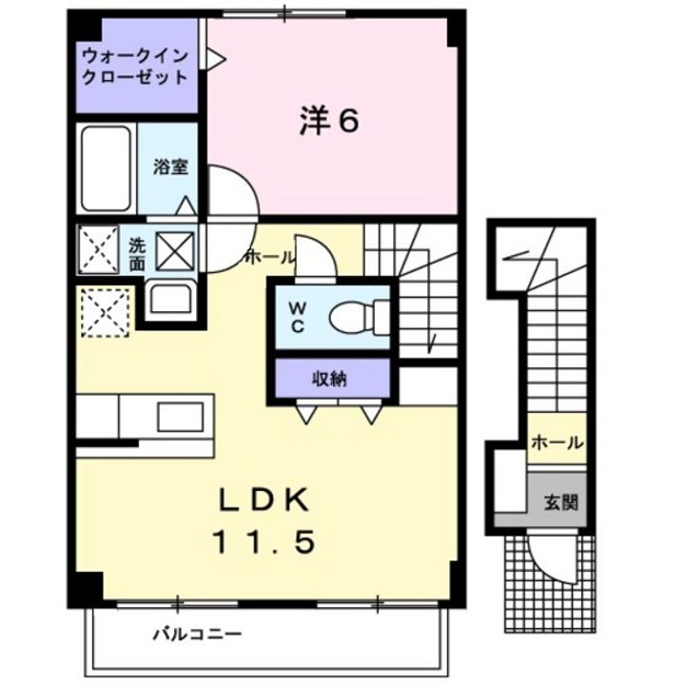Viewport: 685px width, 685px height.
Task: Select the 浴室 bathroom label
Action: (170, 166)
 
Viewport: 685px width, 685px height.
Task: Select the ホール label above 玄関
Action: (557, 443)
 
